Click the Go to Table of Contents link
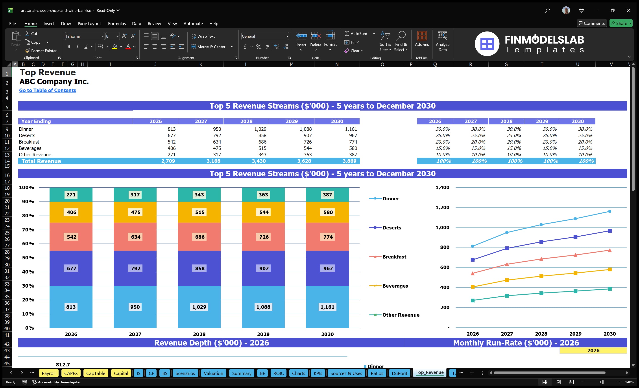click(48, 90)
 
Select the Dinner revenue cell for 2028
click(260, 129)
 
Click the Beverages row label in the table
click(30, 148)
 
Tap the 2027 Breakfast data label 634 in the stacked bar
click(135, 237)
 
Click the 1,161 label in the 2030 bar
click(327, 307)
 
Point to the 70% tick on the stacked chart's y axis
click(28, 229)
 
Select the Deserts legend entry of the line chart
click(392, 228)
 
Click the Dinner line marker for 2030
click(609, 211)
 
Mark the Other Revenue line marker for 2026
click(473, 300)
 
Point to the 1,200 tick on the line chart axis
click(442, 207)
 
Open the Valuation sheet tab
click(213, 373)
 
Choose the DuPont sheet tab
click(399, 373)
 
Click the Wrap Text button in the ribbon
click(203, 36)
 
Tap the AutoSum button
click(356, 34)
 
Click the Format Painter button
click(41, 51)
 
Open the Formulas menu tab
click(117, 24)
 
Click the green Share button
click(621, 23)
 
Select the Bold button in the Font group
click(69, 47)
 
